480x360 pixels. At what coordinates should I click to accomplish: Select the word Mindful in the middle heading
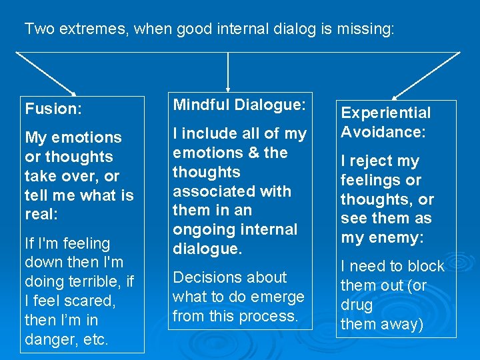click(x=201, y=105)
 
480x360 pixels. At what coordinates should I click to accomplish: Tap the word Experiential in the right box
click(x=385, y=113)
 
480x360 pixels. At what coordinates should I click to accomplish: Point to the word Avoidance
click(x=382, y=132)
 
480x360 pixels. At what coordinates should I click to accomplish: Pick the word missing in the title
click(x=367, y=29)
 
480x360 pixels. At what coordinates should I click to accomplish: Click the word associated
click(x=214, y=191)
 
